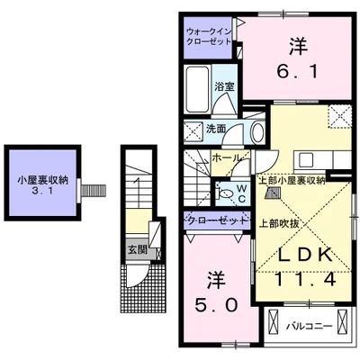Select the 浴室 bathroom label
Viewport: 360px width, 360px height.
[x=224, y=86]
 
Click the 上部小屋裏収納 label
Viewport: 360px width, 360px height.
[x=292, y=179]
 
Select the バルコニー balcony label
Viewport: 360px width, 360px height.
[x=310, y=322]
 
